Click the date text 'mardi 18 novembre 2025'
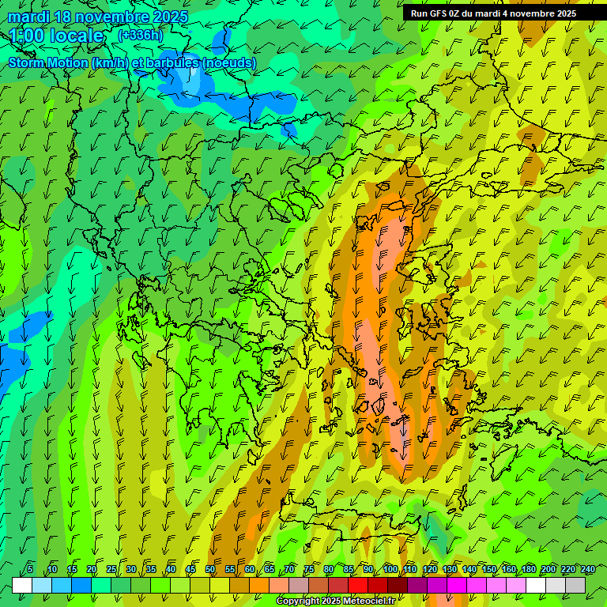(x=98, y=17)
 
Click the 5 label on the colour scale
(x=30, y=569)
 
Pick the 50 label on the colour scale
(x=210, y=569)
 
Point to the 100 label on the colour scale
(x=390, y=569)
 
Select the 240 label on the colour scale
(x=587, y=569)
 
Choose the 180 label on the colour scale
(x=528, y=569)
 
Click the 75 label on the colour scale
(x=309, y=569)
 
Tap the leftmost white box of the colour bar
(x=22, y=585)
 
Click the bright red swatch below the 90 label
(x=358, y=585)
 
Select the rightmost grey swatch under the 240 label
(x=575, y=585)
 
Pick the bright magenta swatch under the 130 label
(x=457, y=585)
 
